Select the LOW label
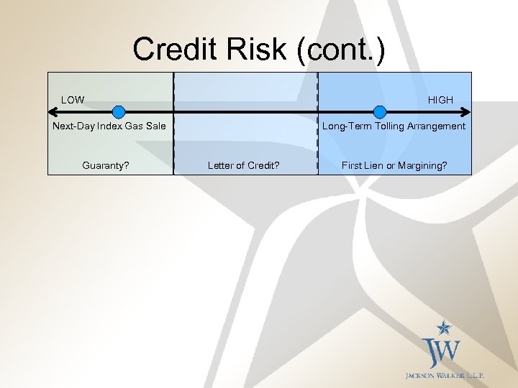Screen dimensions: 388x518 [73, 100]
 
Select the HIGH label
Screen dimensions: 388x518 [440, 100]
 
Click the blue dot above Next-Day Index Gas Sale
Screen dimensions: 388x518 [119, 111]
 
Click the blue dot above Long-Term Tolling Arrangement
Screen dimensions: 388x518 [380, 111]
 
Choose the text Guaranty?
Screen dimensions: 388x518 [106, 165]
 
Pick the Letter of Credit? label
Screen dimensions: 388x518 [244, 165]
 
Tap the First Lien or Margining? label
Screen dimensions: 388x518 [394, 165]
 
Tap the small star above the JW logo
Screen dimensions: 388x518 [445, 328]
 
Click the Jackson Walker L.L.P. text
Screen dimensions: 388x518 [445, 376]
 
